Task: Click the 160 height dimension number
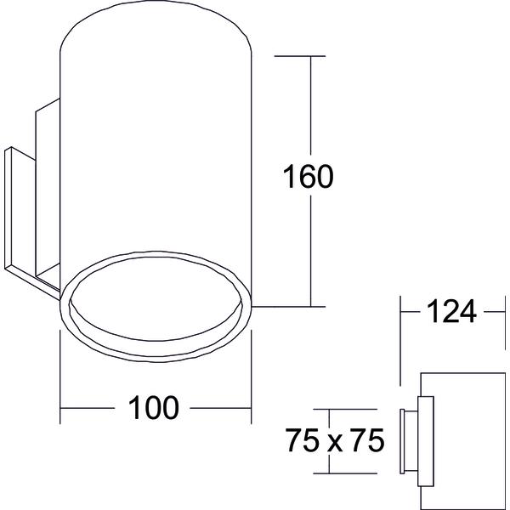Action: pyautogui.click(x=308, y=176)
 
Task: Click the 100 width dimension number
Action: pyautogui.click(x=154, y=407)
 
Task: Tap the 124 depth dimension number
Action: pyautogui.click(x=451, y=312)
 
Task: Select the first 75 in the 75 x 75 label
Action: pyautogui.click(x=303, y=440)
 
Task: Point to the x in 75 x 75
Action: pyautogui.click(x=335, y=444)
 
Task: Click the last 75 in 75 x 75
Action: pyautogui.click(x=367, y=440)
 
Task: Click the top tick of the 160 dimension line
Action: pyautogui.click(x=299, y=56)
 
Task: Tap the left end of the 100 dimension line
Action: pyautogui.click(x=60, y=408)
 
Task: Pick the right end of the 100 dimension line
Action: pyautogui.click(x=251, y=408)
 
